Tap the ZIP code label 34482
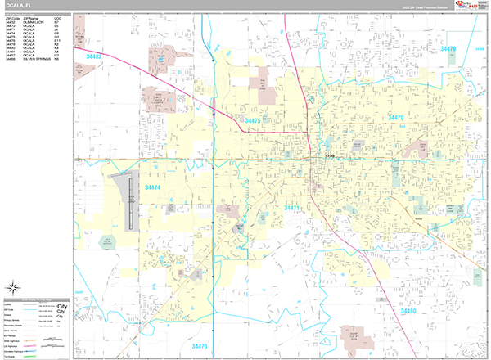[x=94, y=56]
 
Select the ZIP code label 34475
[x=252, y=121]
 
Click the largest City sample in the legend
[x=61, y=307]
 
